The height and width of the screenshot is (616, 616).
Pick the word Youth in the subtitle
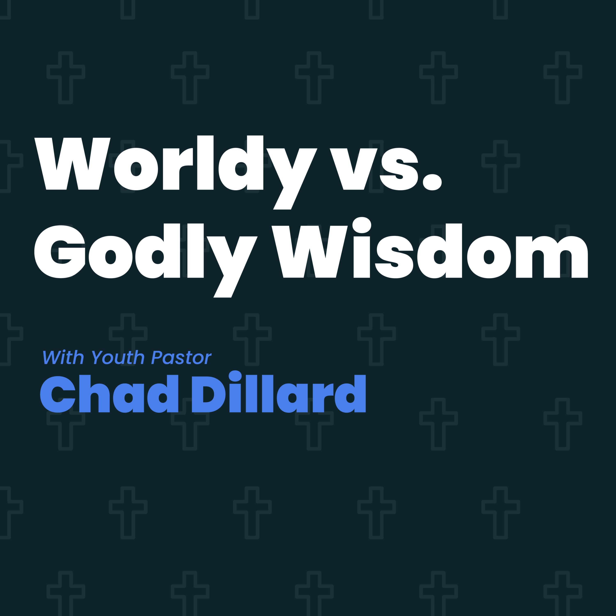point(118,357)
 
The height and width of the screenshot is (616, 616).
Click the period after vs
point(432,182)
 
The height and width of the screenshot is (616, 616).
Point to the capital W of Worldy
point(72,164)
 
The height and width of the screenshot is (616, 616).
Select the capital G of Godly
point(60,252)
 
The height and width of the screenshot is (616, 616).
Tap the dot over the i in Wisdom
point(362,225)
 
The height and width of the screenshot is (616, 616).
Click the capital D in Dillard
point(209,394)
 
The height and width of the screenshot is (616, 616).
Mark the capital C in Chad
point(58,394)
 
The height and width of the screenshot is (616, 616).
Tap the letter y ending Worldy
point(292,179)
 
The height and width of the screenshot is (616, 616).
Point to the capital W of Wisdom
point(310,252)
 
